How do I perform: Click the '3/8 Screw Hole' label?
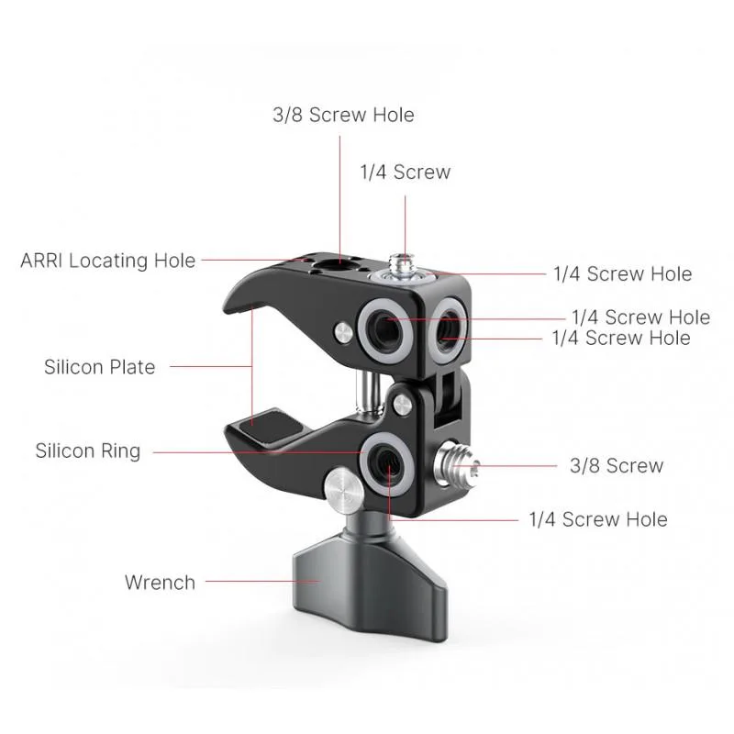click(x=343, y=116)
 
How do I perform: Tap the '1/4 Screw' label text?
click(x=406, y=172)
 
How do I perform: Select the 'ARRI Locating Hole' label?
click(x=108, y=261)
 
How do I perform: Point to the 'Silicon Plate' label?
click(x=100, y=367)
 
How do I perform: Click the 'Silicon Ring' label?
click(x=88, y=450)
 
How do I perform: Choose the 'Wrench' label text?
click(x=160, y=583)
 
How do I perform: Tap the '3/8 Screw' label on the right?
click(x=617, y=466)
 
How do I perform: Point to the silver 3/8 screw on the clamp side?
click(x=455, y=465)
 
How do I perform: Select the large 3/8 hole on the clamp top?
click(x=328, y=266)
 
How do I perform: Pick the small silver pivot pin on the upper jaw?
click(x=344, y=333)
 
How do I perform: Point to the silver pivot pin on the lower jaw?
click(x=403, y=405)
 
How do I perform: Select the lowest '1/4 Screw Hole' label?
click(x=598, y=519)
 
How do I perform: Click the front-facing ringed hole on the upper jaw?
click(x=386, y=330)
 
